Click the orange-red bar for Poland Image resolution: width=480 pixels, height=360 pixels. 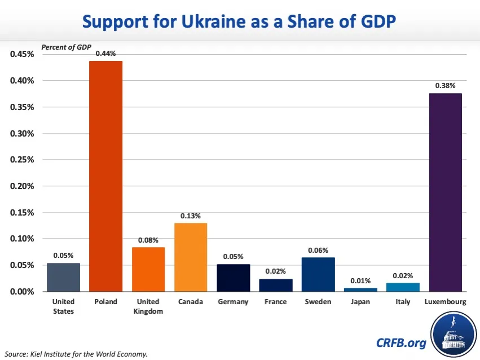click(x=106, y=176)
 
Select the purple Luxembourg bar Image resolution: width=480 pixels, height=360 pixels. click(x=446, y=192)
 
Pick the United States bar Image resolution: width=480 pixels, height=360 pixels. click(x=63, y=277)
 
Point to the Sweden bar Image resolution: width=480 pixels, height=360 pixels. click(x=318, y=274)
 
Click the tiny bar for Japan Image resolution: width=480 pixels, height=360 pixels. click(x=360, y=289)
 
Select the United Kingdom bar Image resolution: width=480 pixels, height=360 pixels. click(x=148, y=269)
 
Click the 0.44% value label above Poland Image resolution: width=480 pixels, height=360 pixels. click(x=106, y=54)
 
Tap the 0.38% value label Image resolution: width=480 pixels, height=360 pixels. click(x=446, y=86)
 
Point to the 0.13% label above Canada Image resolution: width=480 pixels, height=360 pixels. click(x=191, y=216)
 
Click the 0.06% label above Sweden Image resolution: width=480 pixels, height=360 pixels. click(x=318, y=250)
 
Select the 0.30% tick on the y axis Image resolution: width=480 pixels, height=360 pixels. click(x=23, y=134)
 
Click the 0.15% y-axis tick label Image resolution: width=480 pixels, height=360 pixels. click(x=23, y=213)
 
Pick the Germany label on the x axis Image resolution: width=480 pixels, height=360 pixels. click(x=233, y=302)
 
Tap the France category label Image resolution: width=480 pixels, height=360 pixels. click(x=276, y=302)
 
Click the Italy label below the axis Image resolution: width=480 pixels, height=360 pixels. click(x=403, y=302)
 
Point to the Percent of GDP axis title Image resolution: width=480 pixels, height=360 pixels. click(x=66, y=47)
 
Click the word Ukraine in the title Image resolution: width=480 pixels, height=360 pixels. click(x=228, y=22)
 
